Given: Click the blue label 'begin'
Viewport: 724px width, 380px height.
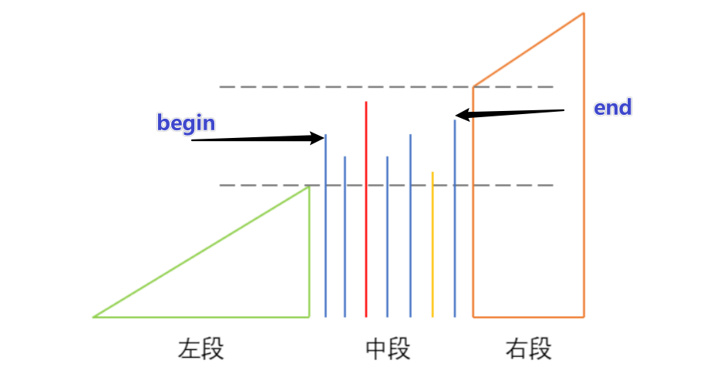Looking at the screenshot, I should click(186, 123).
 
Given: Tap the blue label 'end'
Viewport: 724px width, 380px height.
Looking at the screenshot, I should click(613, 108).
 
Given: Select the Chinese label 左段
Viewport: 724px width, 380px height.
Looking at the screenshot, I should click(201, 349).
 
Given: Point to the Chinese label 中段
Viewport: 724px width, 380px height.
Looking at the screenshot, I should click(388, 349).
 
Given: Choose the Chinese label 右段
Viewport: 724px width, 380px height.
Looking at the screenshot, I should click(529, 349).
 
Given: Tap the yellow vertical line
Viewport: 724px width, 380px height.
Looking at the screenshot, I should click(433, 247).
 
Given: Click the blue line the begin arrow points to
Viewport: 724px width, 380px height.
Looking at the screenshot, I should click(325, 231).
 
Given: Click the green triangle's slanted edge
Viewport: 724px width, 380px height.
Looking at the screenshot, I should click(200, 252).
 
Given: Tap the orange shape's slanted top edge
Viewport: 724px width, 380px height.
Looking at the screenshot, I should click(529, 49).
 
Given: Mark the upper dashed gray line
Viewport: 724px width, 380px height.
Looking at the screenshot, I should click(347, 87).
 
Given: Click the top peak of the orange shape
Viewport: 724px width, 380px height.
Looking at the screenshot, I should click(584, 14).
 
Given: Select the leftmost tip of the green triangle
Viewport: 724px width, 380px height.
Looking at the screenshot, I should click(94, 316).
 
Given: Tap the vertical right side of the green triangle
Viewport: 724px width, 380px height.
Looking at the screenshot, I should click(309, 254).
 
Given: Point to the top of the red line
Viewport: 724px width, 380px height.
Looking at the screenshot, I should click(366, 103).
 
